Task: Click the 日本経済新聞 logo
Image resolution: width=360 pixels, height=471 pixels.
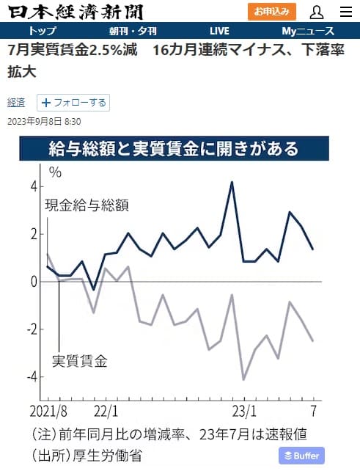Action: tap(76, 12)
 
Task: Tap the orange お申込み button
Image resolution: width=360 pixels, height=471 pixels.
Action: tap(272, 12)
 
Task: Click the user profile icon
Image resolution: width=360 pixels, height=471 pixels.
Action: tap(317, 12)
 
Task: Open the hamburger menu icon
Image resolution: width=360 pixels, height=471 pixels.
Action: tap(346, 12)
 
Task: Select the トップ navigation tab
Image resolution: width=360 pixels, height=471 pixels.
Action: tap(43, 31)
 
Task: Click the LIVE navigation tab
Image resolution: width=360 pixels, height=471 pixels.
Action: tap(219, 31)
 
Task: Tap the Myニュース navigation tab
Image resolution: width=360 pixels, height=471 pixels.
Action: tap(308, 31)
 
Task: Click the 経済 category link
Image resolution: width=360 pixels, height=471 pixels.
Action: tap(16, 103)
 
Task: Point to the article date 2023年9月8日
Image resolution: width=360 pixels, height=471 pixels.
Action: tap(43, 121)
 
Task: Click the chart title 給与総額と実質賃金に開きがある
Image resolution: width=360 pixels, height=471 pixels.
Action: tap(174, 149)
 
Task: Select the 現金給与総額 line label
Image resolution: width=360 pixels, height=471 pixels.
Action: tap(87, 205)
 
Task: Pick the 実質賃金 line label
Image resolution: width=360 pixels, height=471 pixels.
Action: tap(80, 361)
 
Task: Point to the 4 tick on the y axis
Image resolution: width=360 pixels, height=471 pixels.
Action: tap(33, 186)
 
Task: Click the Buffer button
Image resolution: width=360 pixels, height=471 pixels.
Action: tap(301, 456)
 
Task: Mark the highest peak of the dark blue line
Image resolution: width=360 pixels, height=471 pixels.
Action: tap(232, 182)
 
